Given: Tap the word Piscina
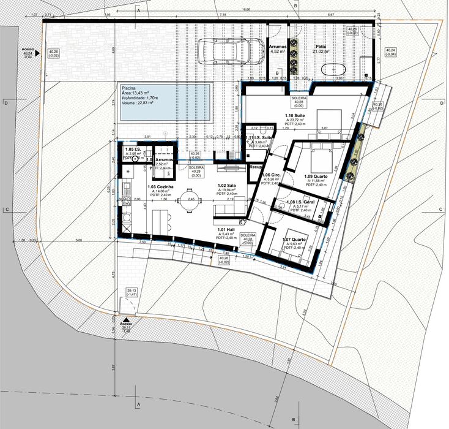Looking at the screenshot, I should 130,88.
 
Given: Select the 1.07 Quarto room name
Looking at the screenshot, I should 294,240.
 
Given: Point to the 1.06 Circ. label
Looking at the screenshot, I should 270,175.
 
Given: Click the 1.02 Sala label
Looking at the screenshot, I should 227,186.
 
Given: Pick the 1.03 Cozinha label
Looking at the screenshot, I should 161,186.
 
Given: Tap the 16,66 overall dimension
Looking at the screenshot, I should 245,10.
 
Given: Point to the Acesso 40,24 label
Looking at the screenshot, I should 28,52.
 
